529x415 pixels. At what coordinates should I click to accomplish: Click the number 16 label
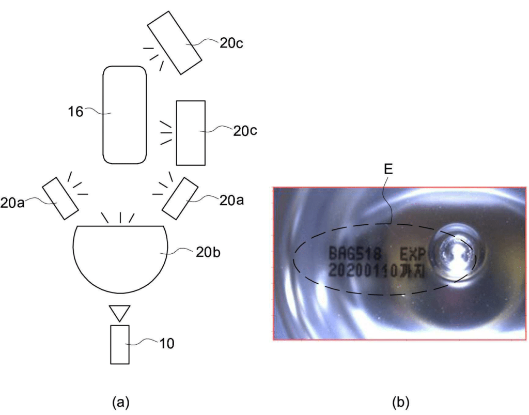(75, 112)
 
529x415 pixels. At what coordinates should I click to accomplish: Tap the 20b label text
(208, 252)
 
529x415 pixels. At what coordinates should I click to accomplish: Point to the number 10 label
(167, 344)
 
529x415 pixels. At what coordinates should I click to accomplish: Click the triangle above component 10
(120, 313)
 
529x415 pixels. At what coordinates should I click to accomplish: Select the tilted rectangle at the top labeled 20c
(175, 42)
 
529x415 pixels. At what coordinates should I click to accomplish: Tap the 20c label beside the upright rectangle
(245, 131)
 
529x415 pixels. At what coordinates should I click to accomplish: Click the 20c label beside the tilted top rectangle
(231, 43)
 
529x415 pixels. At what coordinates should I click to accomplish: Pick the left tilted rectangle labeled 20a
(60, 198)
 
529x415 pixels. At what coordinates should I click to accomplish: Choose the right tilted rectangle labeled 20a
(180, 198)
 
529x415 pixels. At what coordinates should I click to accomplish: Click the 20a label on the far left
(12, 204)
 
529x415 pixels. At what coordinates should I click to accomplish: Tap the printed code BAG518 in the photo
(355, 253)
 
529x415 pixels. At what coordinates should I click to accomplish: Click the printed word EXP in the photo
(412, 254)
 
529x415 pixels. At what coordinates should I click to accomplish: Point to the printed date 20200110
(363, 271)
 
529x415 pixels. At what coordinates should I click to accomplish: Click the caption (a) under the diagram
(120, 402)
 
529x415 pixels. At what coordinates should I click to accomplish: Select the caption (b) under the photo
(401, 402)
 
